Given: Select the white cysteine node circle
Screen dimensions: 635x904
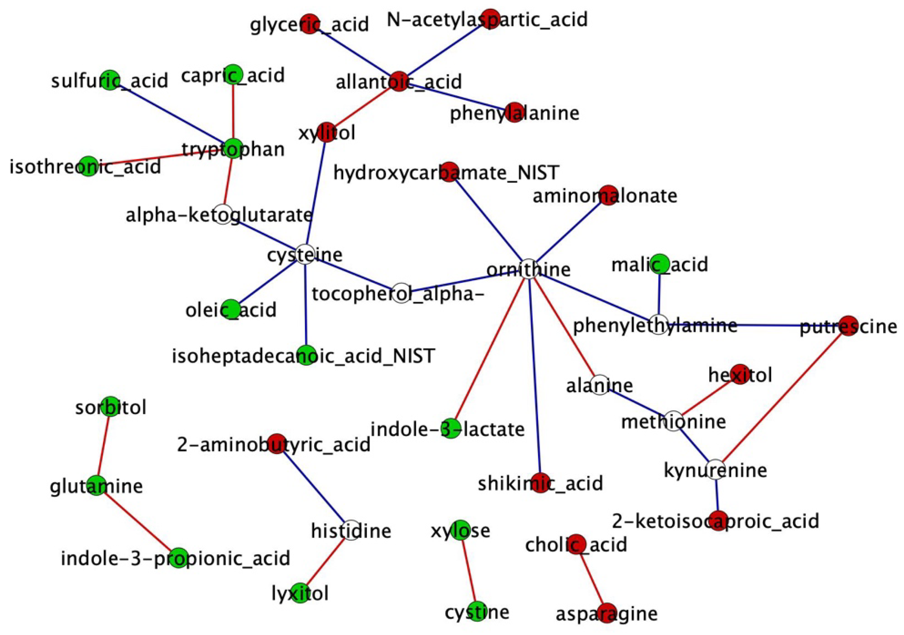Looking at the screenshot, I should click(x=305, y=254).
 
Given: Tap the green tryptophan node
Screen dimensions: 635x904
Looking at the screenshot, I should click(x=233, y=148).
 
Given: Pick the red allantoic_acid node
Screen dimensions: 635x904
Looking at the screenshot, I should click(x=399, y=81).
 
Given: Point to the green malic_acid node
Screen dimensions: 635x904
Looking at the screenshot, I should click(x=660, y=264).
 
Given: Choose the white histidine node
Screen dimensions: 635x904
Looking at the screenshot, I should click(x=351, y=530).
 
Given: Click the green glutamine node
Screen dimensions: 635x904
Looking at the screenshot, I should click(x=97, y=485).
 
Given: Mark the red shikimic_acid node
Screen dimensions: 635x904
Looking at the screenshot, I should click(x=540, y=483).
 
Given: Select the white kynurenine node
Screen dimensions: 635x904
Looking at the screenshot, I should click(x=715, y=469).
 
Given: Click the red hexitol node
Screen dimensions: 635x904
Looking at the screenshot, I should click(x=740, y=374).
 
